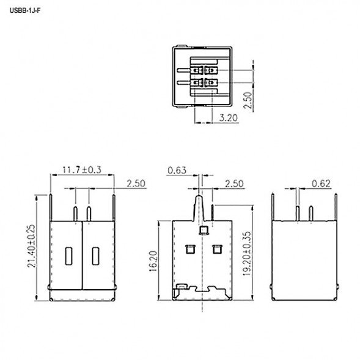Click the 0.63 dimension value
tap(176, 170)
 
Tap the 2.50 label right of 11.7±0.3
tap(136, 183)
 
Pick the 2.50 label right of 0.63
tap(235, 183)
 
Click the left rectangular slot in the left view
tap(68, 255)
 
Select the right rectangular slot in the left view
tap(96, 255)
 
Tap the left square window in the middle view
tap(189, 248)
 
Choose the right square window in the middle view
tap(215, 248)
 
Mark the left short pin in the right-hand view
tap(297, 214)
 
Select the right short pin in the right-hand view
tap(311, 214)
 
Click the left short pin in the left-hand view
tap(75, 214)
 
